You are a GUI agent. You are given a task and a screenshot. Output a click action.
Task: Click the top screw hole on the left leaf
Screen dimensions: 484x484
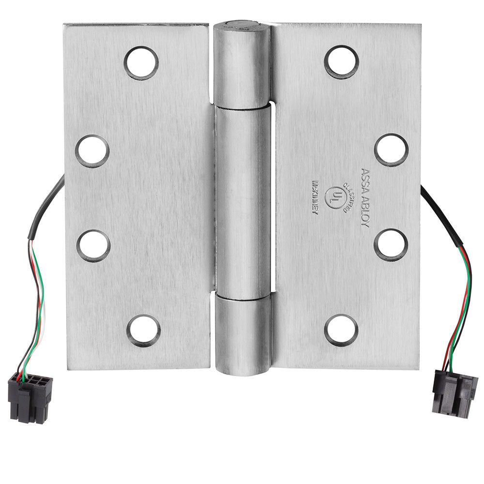pyautogui.click(x=141, y=63)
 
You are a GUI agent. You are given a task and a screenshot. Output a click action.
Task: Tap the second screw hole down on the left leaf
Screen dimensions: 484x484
pyautogui.click(x=92, y=151)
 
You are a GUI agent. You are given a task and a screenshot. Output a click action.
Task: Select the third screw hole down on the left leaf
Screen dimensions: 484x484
pyautogui.click(x=93, y=246)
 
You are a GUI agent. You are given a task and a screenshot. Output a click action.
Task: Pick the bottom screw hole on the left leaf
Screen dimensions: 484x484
pyautogui.click(x=144, y=330)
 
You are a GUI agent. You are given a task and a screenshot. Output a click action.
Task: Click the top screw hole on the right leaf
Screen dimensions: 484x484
pyautogui.click(x=341, y=62)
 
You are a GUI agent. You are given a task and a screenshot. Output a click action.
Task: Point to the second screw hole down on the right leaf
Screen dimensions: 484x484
pyautogui.click(x=392, y=150)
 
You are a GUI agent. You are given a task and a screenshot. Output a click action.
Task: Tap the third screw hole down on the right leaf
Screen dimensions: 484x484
pyautogui.click(x=391, y=245)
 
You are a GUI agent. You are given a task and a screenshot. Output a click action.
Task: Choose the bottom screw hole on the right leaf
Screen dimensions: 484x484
pyautogui.click(x=341, y=330)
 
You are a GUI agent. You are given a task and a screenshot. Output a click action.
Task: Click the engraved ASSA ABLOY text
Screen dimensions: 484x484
pyautogui.click(x=365, y=197)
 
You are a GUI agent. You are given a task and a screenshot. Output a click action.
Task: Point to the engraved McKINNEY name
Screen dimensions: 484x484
pyautogui.click(x=316, y=197)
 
